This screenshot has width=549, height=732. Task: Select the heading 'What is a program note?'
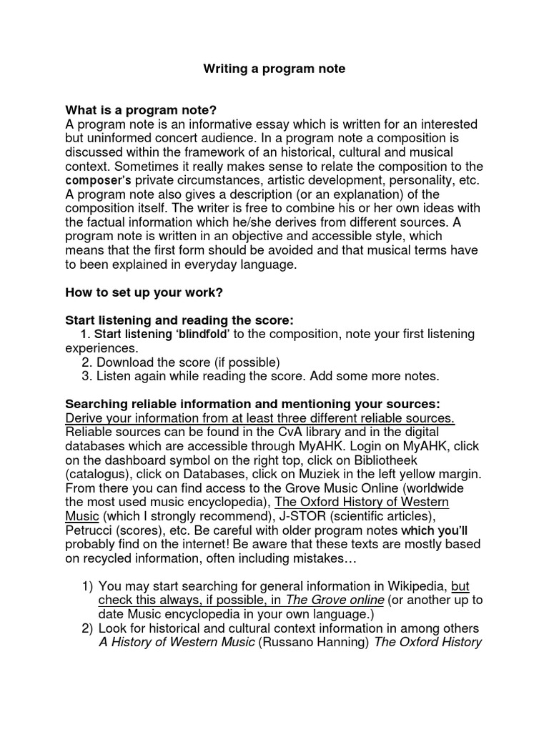tap(141, 110)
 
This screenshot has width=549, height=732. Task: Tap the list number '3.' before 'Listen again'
tap(86, 375)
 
